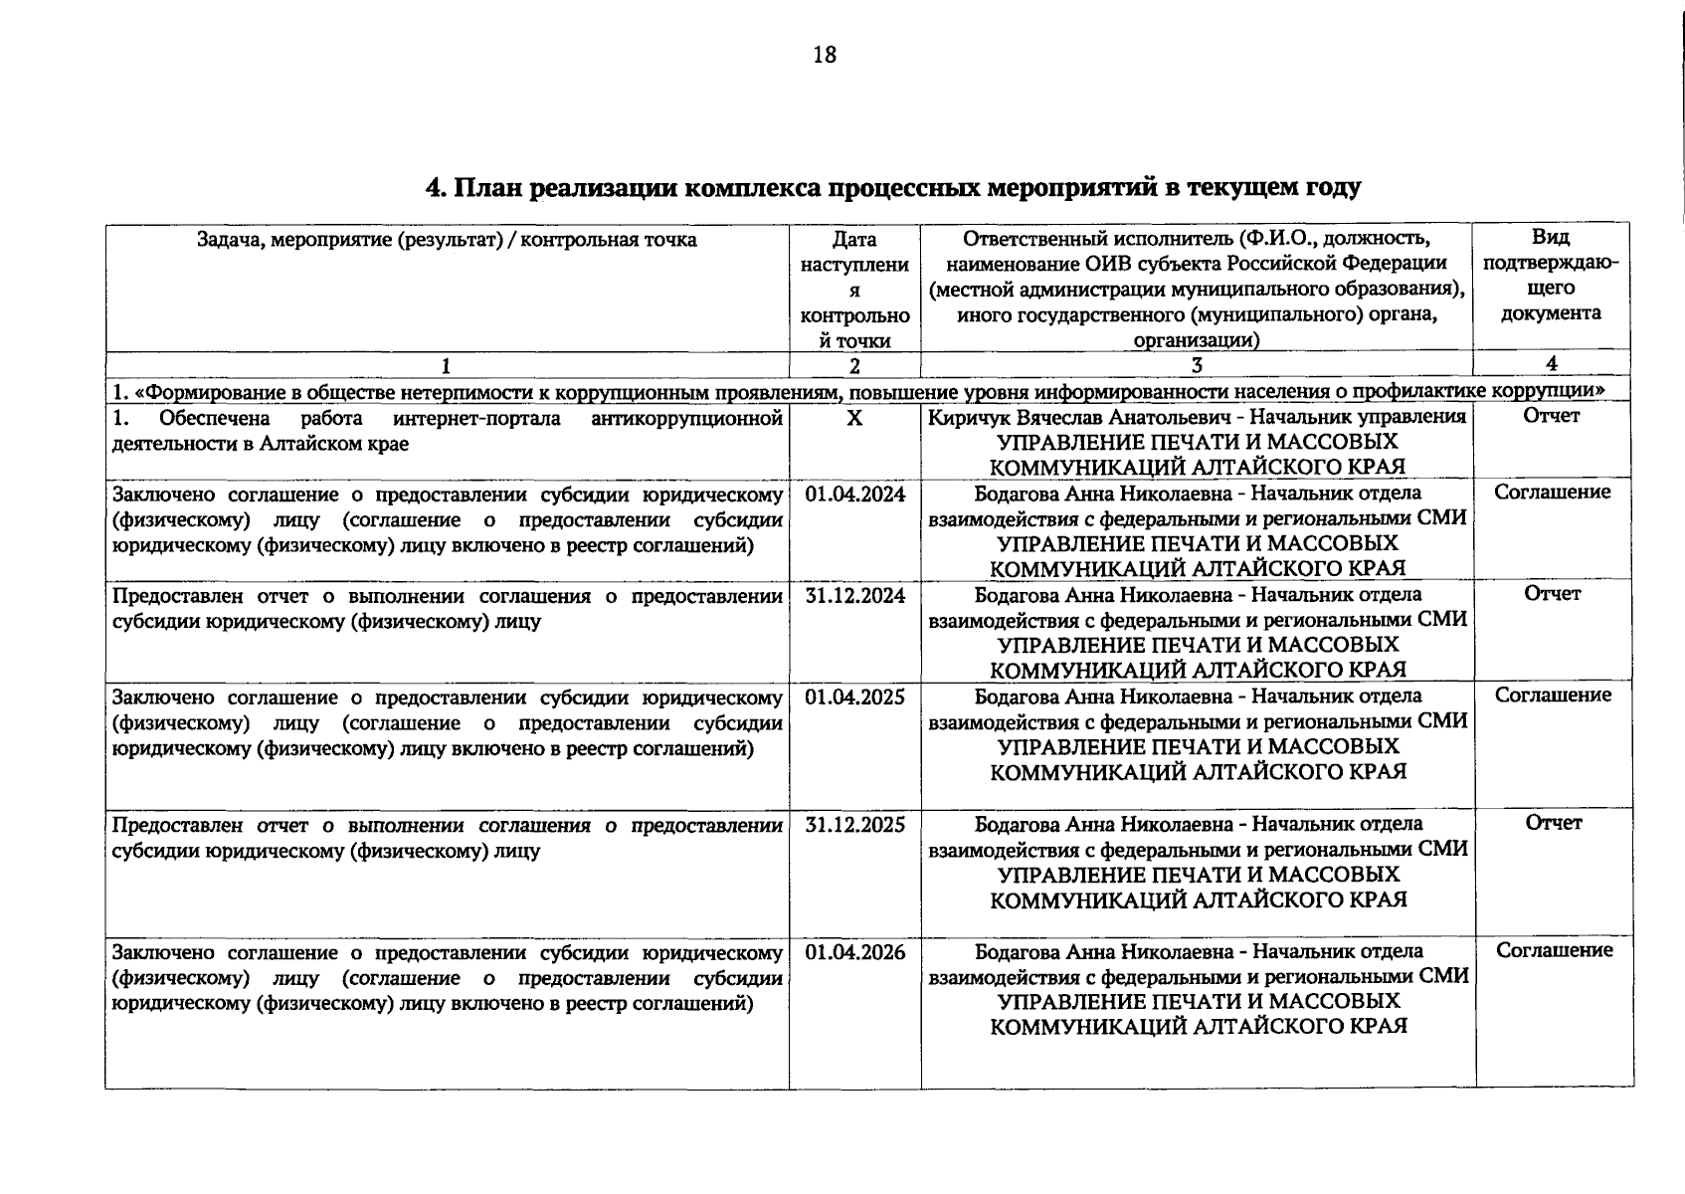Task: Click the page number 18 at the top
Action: (825, 55)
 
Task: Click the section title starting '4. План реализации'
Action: (892, 187)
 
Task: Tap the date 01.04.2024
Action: (854, 494)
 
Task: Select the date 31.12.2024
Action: (854, 595)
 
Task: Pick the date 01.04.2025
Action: (854, 696)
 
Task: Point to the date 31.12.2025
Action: (854, 824)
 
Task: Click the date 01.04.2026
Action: (854, 951)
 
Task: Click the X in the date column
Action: (854, 418)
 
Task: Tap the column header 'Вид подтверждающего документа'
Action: (1551, 276)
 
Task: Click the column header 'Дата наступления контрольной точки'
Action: (854, 289)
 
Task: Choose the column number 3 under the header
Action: (1197, 364)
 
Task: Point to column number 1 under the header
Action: (447, 364)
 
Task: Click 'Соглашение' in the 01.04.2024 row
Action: (1552, 492)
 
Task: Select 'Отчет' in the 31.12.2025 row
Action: (1552, 822)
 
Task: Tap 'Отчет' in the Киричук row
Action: (1551, 416)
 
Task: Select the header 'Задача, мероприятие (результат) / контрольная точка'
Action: (447, 240)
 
